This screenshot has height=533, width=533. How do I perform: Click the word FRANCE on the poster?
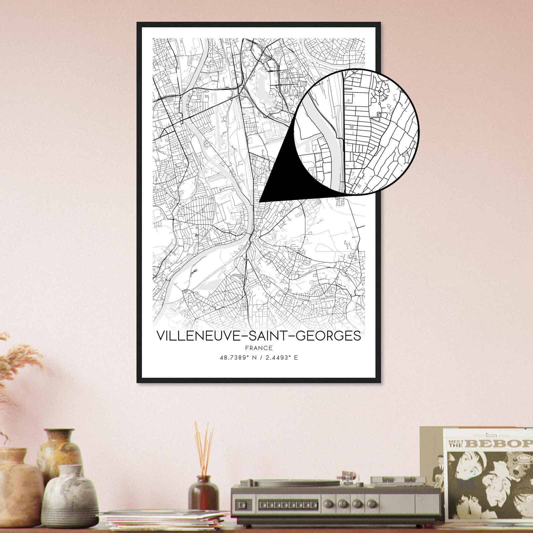coord(259,348)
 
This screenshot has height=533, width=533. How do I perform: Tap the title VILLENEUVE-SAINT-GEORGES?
coord(259,335)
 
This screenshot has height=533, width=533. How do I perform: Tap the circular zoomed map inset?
coord(358,132)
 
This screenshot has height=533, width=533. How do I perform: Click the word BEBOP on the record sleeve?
coord(500,443)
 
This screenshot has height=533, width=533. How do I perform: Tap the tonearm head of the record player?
coord(346,475)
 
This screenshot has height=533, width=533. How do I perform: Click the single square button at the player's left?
coord(245,503)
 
